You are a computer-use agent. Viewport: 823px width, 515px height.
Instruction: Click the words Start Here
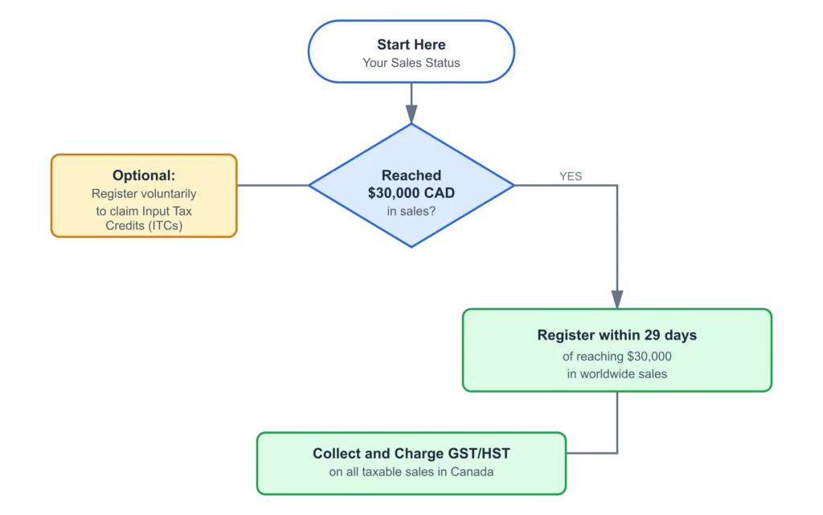tap(411, 44)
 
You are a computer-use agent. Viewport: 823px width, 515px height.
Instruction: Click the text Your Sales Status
tap(411, 63)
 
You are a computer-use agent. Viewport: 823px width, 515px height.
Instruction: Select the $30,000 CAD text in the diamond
tap(411, 193)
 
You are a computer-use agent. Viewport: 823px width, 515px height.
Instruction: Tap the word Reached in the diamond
tap(411, 175)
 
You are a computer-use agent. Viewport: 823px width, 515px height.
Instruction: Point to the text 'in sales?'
tap(411, 211)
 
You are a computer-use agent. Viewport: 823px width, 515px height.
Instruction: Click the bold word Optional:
tap(144, 175)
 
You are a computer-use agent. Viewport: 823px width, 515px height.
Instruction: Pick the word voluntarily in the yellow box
tap(166, 194)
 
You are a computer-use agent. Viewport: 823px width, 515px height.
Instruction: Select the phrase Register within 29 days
tap(617, 335)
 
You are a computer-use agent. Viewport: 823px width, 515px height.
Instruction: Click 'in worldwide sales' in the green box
tap(617, 373)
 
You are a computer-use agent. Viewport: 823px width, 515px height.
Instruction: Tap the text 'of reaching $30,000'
tap(617, 356)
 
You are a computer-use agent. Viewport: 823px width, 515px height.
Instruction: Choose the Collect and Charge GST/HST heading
tap(411, 454)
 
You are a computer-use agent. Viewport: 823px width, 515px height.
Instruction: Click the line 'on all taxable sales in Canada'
tap(411, 472)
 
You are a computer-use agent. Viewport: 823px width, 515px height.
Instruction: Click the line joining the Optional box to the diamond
tap(273, 187)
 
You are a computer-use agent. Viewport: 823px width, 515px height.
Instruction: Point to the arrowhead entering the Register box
tap(617, 298)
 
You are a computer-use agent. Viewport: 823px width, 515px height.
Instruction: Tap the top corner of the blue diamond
tap(411, 125)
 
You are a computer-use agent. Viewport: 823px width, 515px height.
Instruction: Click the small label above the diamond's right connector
tap(571, 175)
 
